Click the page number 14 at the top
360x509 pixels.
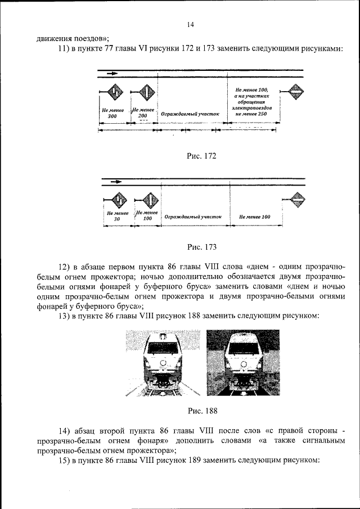190,25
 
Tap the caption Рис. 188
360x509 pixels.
202,410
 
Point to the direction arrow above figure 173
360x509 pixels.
116,182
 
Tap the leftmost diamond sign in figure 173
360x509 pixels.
119,199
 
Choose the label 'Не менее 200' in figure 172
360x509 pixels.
142,112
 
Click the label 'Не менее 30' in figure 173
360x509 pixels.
118,217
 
